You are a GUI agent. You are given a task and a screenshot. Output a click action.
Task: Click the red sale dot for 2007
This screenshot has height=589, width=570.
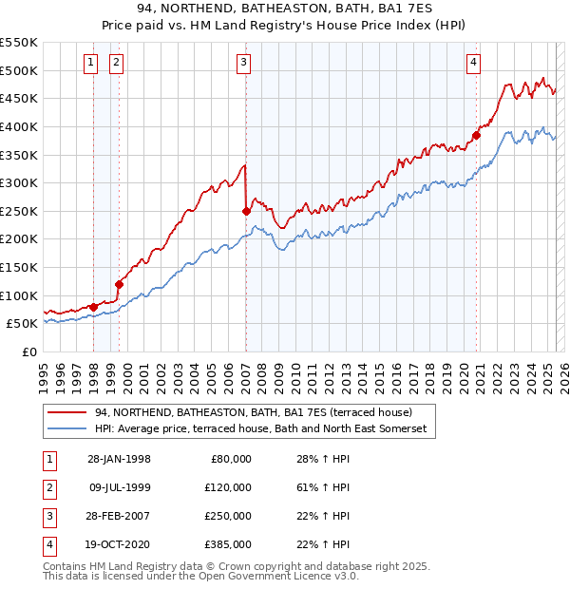246,211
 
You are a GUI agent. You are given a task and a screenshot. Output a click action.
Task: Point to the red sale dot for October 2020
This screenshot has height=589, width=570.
477,135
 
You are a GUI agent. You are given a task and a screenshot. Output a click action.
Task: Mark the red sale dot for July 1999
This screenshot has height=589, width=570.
120,283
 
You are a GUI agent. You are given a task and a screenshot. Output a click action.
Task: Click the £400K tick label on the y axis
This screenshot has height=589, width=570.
19,126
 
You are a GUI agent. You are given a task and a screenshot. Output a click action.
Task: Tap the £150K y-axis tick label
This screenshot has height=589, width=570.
19,267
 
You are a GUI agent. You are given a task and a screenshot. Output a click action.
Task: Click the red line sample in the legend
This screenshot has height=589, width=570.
67,413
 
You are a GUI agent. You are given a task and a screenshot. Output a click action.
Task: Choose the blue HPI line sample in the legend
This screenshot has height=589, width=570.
67,429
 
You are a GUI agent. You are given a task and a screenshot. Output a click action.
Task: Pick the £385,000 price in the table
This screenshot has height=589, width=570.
228,544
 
